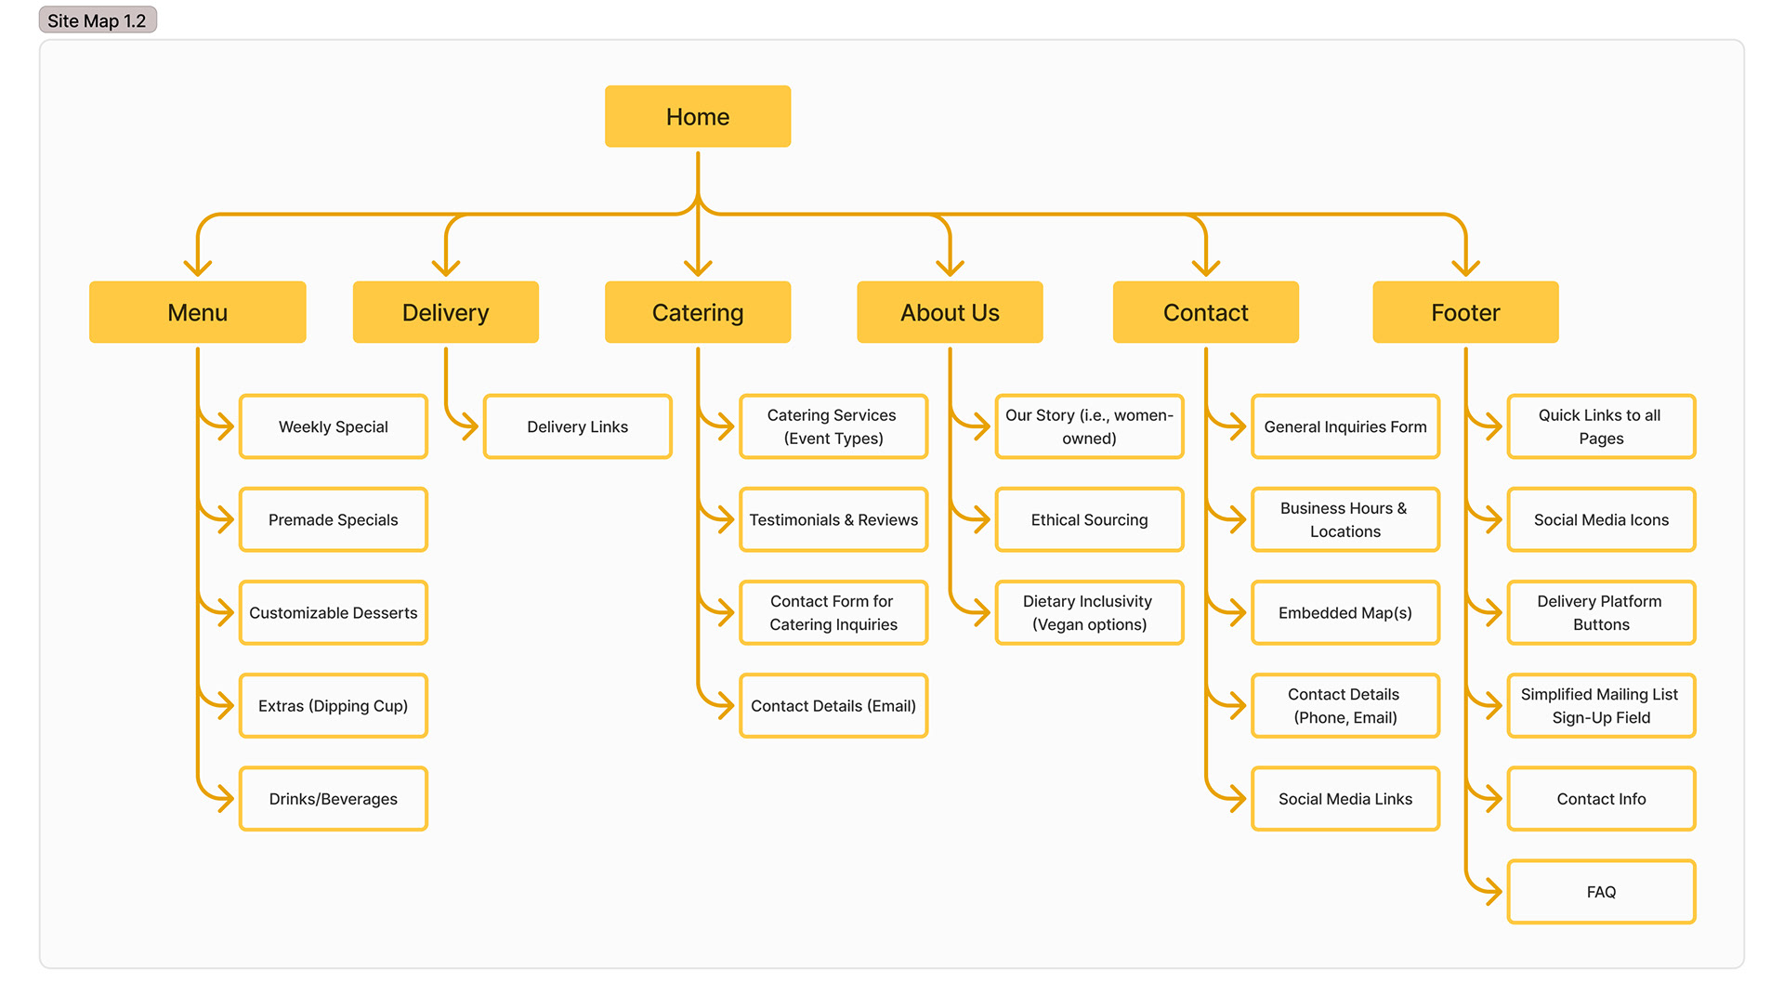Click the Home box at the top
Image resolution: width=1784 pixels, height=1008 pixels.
[x=697, y=117]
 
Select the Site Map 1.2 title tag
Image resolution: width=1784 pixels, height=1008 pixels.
[x=98, y=20]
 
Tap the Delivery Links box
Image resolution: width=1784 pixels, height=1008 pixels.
[x=577, y=426]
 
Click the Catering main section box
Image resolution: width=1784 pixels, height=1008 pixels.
[x=697, y=312]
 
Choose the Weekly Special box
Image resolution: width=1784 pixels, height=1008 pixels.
[x=333, y=426]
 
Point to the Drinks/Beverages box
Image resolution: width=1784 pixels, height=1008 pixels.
[x=333, y=799]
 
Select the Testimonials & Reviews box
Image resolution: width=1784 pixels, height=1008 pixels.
[x=833, y=519]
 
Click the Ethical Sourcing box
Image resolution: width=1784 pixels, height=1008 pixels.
[x=1089, y=519]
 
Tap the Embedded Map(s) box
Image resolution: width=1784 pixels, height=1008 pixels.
[x=1345, y=612]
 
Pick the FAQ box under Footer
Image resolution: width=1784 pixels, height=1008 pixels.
[x=1600, y=892]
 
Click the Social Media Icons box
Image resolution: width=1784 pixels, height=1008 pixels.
[x=1600, y=519]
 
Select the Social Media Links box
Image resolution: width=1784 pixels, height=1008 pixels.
[x=1345, y=799]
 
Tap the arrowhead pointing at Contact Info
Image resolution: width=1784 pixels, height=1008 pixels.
[x=1492, y=799]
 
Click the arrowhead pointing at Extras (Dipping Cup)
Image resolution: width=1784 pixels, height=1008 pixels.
[x=224, y=706]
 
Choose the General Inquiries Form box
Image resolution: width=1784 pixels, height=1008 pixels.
[x=1345, y=426]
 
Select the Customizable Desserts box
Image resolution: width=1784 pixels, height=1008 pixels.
[x=333, y=612]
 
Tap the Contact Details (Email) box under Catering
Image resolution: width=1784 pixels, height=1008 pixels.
[x=833, y=706]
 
